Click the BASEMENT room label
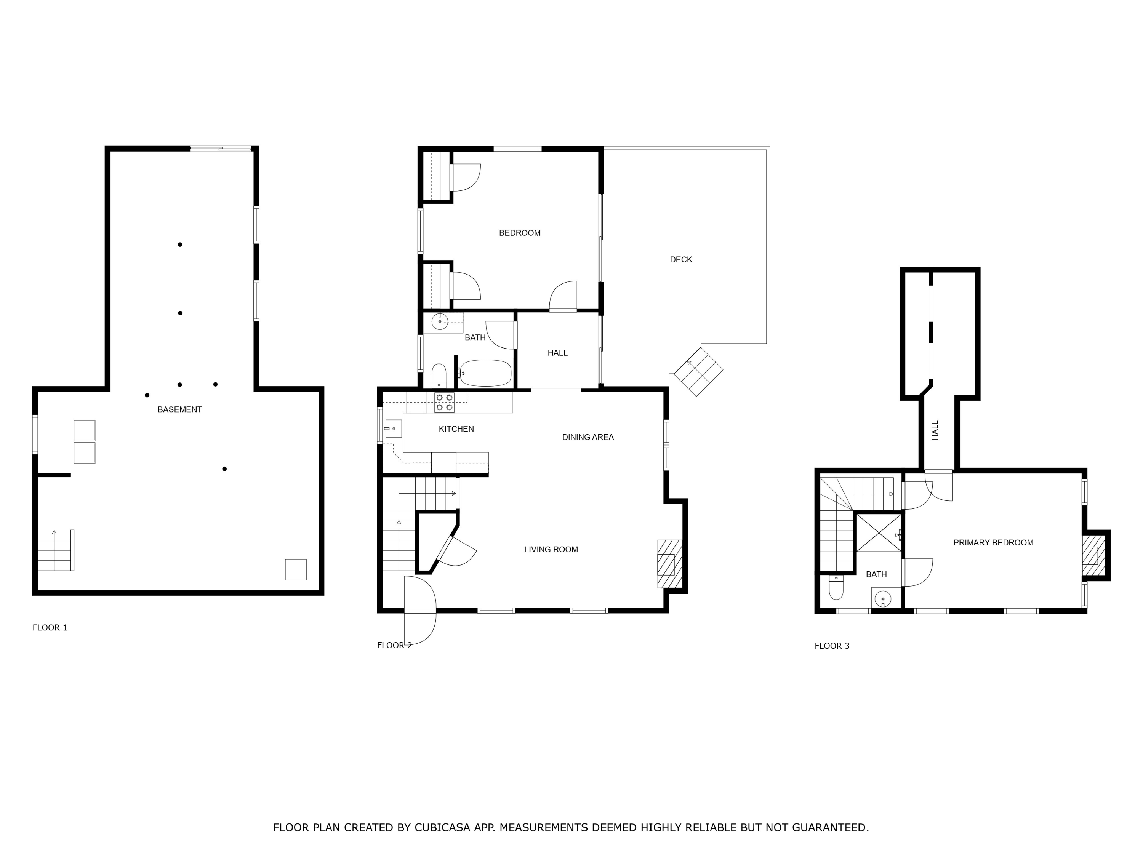pyautogui.click(x=179, y=409)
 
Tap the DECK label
pyautogui.click(x=680, y=259)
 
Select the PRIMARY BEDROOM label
pyautogui.click(x=993, y=542)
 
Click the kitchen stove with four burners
pyautogui.click(x=444, y=403)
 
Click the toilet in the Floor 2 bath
pyautogui.click(x=439, y=375)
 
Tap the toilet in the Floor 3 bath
pyautogui.click(x=836, y=587)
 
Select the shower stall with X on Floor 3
pyautogui.click(x=879, y=532)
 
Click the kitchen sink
pyautogui.click(x=393, y=428)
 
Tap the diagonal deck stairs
pyautogui.click(x=698, y=372)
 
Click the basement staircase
pyautogui.click(x=55, y=550)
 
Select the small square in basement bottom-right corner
pyautogui.click(x=296, y=569)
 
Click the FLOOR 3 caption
pyautogui.click(x=831, y=646)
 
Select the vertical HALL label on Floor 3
pyautogui.click(x=935, y=430)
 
